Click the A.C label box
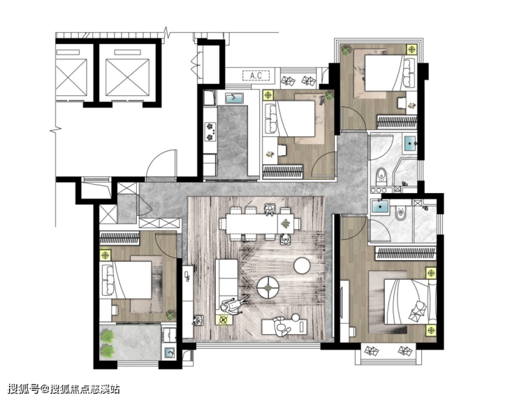pyautogui.click(x=256, y=76)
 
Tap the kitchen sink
pyautogui.click(x=234, y=98)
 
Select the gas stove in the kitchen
pyautogui.click(x=210, y=131)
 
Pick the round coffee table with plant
pyautogui.click(x=268, y=288)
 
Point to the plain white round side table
pyautogui.click(x=302, y=266)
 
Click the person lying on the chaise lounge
pyautogui.click(x=284, y=326)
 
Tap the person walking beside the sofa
pyautogui.click(x=233, y=305)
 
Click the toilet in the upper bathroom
pyautogui.click(x=381, y=176)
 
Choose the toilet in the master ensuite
pyautogui.click(x=400, y=213)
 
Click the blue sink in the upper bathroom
pyautogui.click(x=410, y=143)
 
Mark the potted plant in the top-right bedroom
pyautogui.click(x=347, y=50)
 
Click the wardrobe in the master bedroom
pyautogui.click(x=405, y=253)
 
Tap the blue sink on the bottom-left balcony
pyautogui.click(x=170, y=352)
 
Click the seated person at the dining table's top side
pyautogui.click(x=270, y=209)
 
